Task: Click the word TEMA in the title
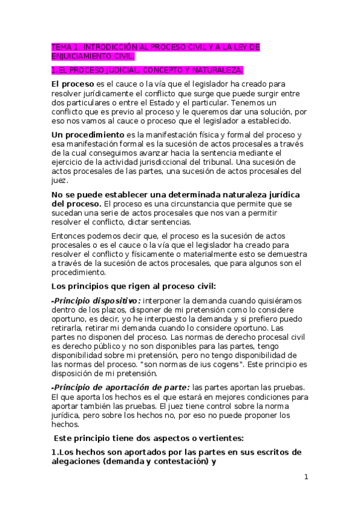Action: click(x=61, y=47)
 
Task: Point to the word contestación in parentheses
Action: click(x=176, y=461)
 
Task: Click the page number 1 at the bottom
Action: click(x=306, y=478)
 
